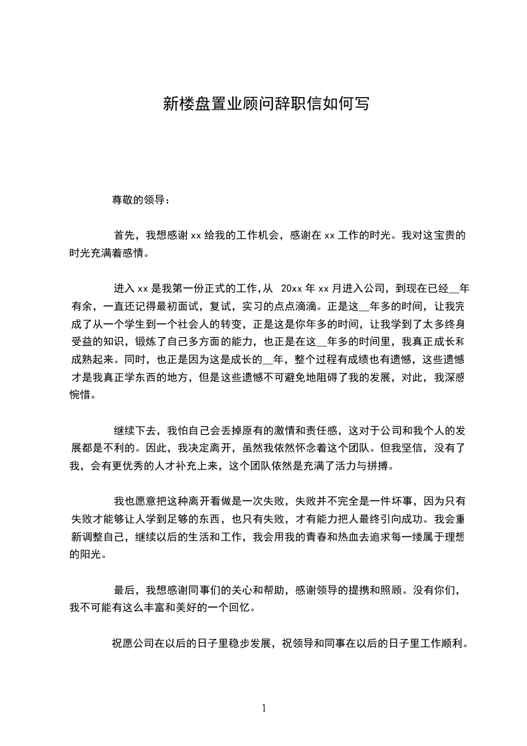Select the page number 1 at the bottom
pyautogui.click(x=264, y=708)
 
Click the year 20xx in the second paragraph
pyautogui.click(x=292, y=289)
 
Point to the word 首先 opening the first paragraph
pyautogui.click(x=124, y=235)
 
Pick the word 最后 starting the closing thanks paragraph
pyautogui.click(x=124, y=589)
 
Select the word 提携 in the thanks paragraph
pyautogui.click(x=373, y=589)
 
